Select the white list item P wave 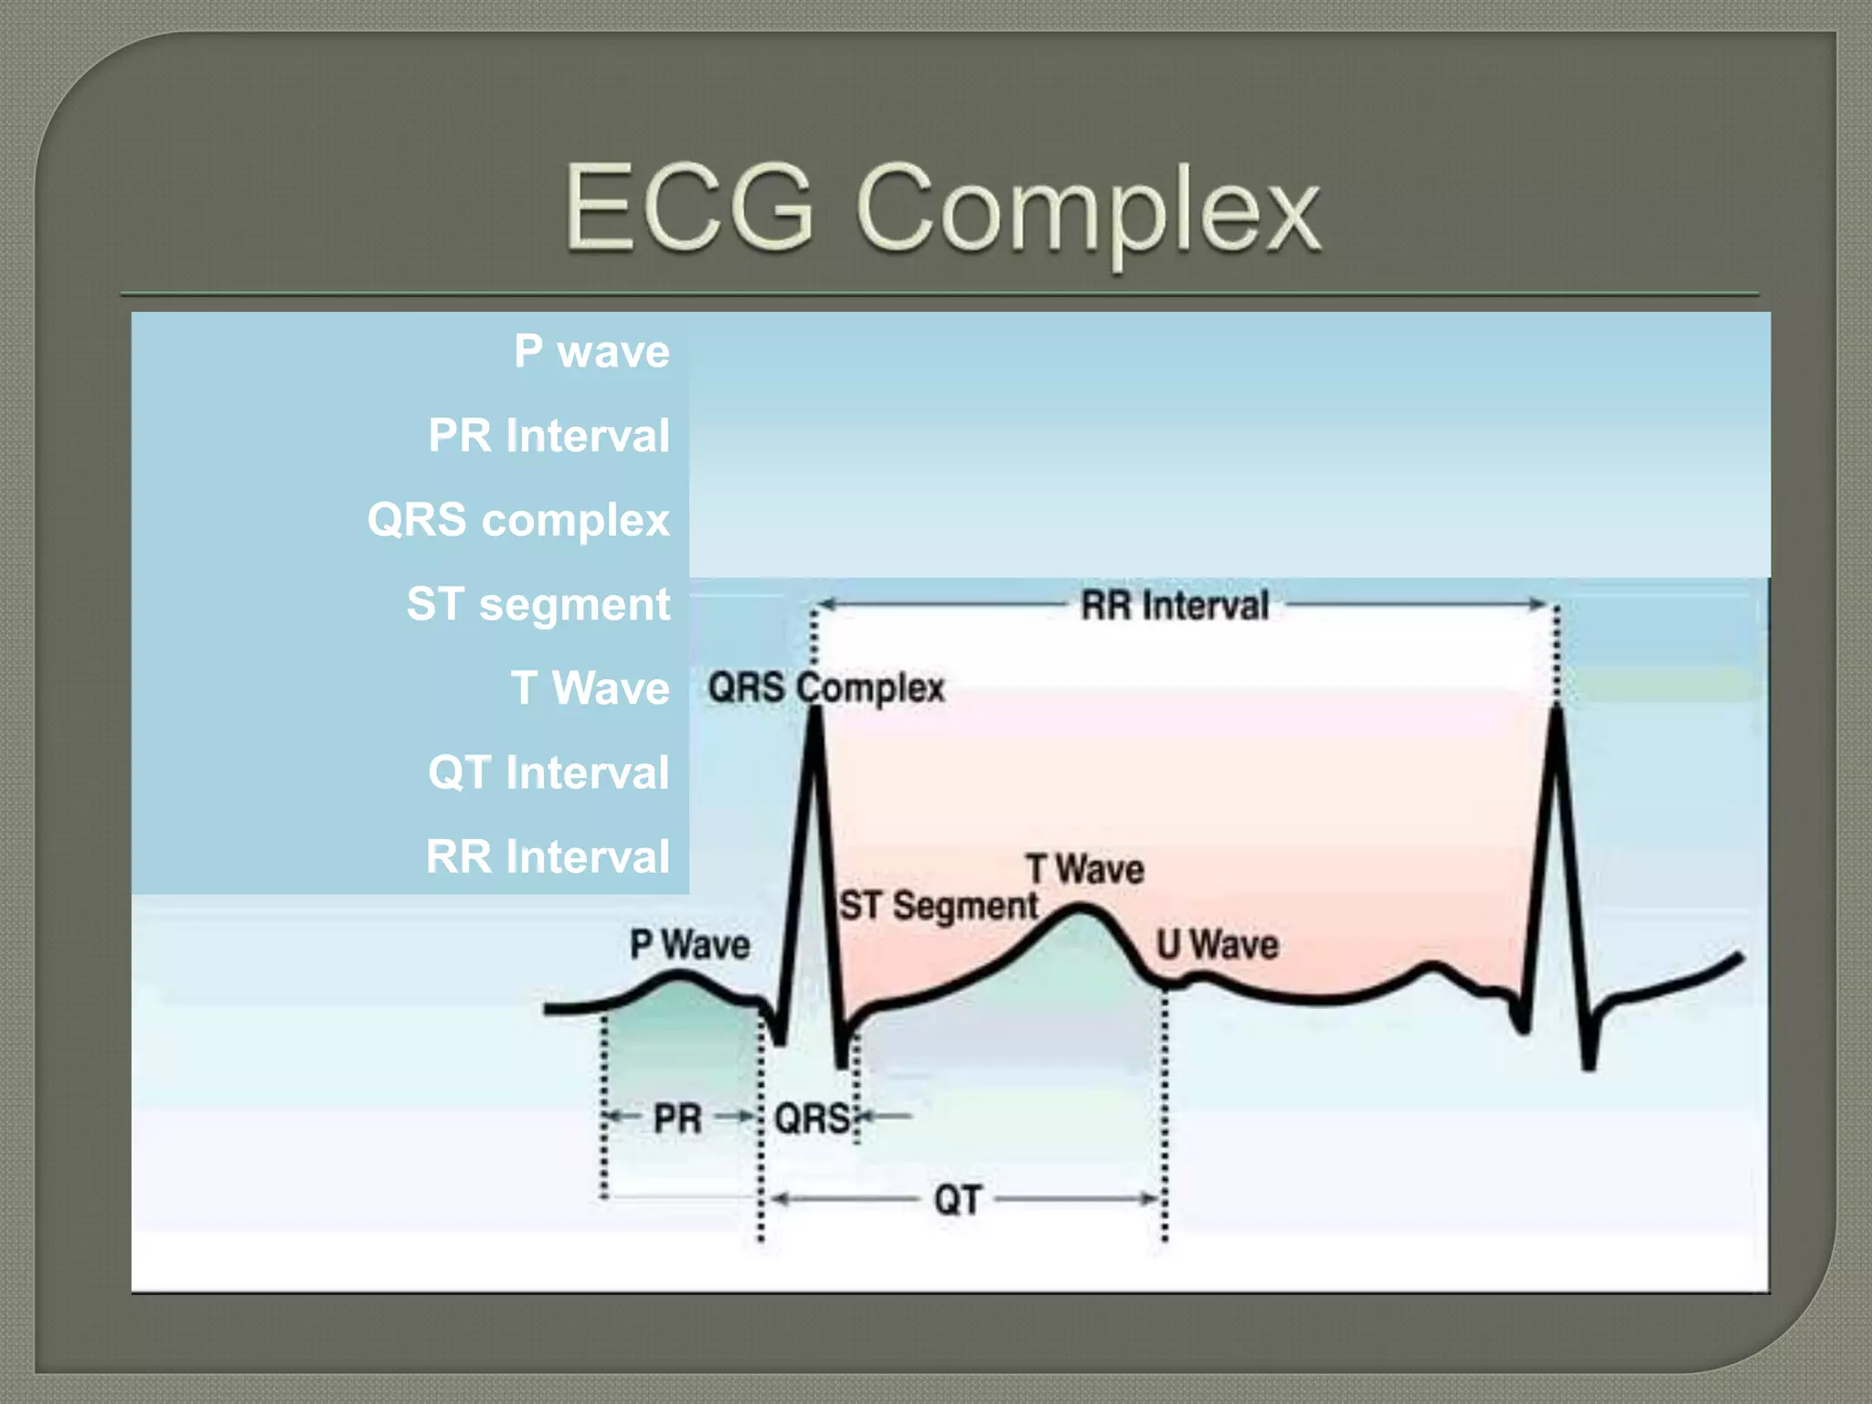(591, 351)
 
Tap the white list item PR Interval (548, 435)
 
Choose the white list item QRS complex (518, 519)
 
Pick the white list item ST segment (538, 604)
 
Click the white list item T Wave (590, 688)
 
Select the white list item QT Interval (548, 772)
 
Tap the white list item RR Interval (548, 856)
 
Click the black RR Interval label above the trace (1175, 605)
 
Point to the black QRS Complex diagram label (825, 687)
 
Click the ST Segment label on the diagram (939, 906)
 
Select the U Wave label (1217, 944)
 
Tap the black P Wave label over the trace (689, 944)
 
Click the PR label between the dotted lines (677, 1118)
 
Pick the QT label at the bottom (957, 1199)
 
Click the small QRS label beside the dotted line (812, 1118)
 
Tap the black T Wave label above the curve (1085, 869)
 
